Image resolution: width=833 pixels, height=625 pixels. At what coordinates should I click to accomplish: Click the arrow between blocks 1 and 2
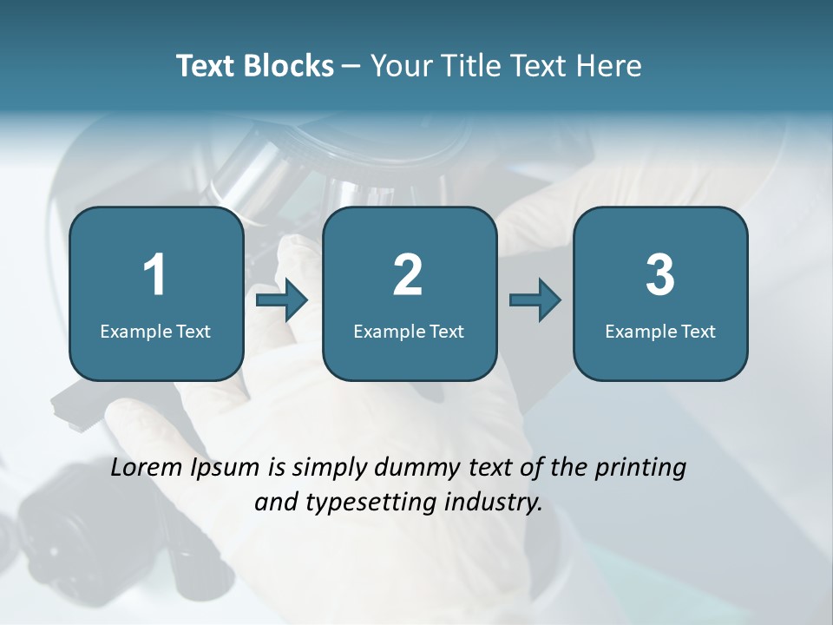point(283,301)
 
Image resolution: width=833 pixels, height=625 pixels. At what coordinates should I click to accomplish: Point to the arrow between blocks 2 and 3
point(535,301)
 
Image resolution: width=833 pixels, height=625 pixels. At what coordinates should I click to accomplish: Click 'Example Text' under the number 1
point(155,331)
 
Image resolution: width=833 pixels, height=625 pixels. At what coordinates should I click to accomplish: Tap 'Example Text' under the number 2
point(409,331)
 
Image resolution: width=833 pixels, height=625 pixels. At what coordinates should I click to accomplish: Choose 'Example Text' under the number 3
point(660,331)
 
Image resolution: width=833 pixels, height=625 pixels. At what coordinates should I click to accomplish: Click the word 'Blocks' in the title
point(289,66)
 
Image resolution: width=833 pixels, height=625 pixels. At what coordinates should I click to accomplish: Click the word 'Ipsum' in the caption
point(225,469)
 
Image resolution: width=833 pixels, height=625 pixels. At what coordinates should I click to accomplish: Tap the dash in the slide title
point(351,66)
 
